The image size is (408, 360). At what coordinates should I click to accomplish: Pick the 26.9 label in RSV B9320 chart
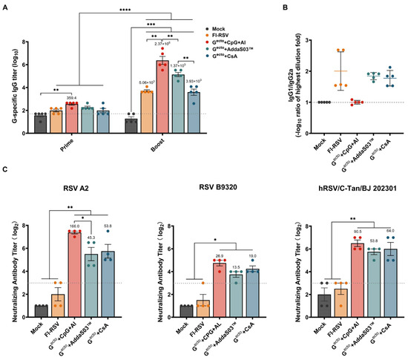208,253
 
